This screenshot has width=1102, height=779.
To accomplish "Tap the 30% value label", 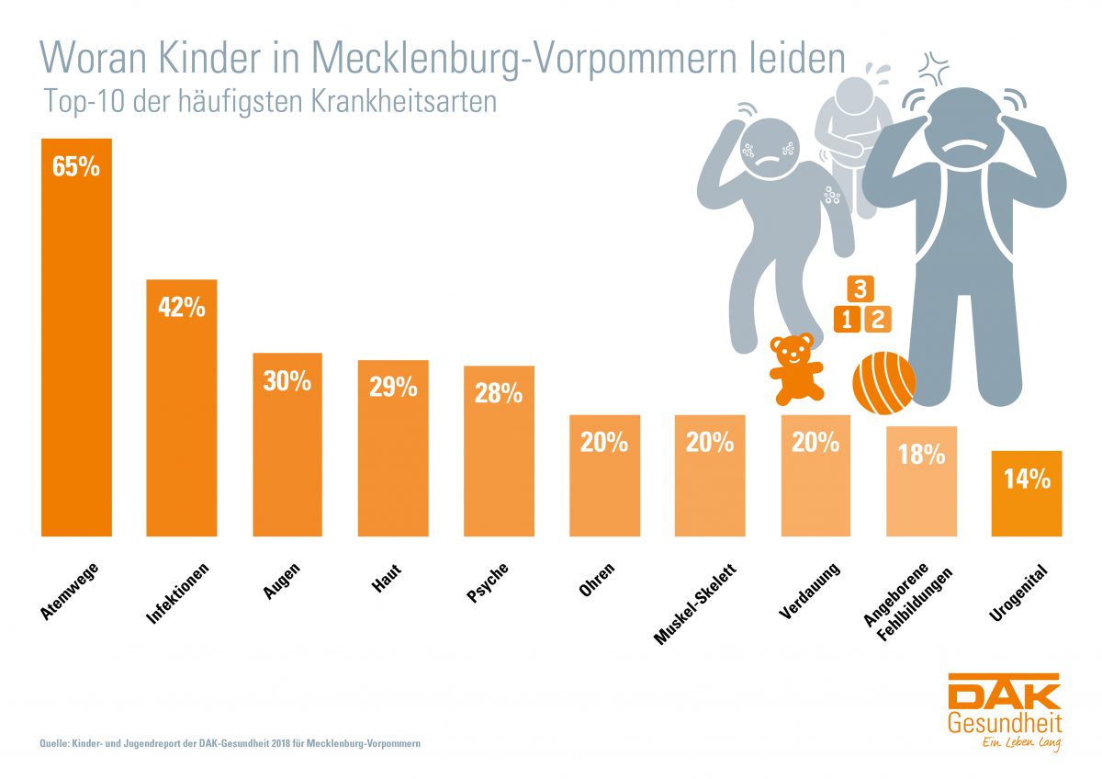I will [x=287, y=380].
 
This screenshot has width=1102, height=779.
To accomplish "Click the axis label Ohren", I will [x=598, y=581].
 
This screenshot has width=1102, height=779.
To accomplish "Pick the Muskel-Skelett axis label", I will [x=695, y=603].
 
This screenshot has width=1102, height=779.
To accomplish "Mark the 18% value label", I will [x=921, y=454].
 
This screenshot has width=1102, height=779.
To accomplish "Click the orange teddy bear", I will [x=792, y=367].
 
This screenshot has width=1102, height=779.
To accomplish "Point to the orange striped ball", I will [x=886, y=384].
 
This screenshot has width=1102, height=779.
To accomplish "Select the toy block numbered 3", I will [x=860, y=289].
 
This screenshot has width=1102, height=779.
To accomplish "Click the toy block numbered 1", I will [x=846, y=320].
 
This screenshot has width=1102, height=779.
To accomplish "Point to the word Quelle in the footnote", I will [x=53, y=742].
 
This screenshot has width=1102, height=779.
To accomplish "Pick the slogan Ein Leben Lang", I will [x=1011, y=742].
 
